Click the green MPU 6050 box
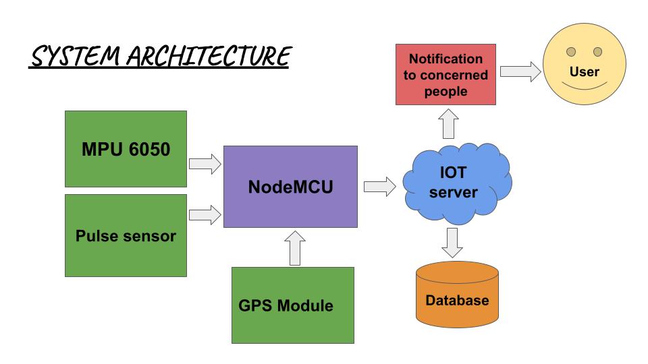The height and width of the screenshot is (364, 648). click(126, 149)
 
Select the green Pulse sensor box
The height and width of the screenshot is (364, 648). click(126, 236)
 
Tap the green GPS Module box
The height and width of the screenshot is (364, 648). click(292, 305)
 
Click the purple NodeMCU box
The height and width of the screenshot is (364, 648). click(290, 186)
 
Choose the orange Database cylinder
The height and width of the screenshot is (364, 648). click(457, 293)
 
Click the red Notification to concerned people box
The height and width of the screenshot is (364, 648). click(446, 75)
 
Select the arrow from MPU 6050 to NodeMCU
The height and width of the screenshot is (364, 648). click(205, 162)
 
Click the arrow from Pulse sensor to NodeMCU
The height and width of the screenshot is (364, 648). click(205, 214)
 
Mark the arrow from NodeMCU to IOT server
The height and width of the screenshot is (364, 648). click(379, 187)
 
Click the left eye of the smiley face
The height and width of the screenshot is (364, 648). click(570, 52)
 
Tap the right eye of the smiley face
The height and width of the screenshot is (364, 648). click(597, 52)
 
